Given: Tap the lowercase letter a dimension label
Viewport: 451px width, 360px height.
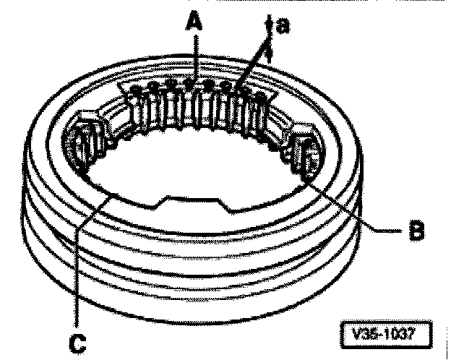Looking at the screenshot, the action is pyautogui.click(x=283, y=25).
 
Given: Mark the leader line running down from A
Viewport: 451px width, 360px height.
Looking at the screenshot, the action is pyautogui.click(x=192, y=58).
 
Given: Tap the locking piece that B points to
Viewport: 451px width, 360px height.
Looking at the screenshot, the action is pyautogui.click(x=306, y=156).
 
